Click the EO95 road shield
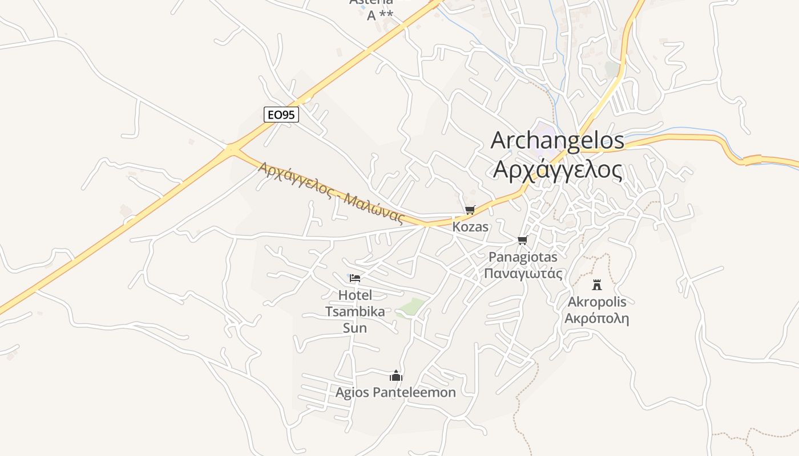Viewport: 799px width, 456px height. (281, 115)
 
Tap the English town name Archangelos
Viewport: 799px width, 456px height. (557, 141)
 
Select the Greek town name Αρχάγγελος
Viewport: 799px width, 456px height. (557, 169)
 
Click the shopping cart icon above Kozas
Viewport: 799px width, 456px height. (470, 210)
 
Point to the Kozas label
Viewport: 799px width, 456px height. (470, 227)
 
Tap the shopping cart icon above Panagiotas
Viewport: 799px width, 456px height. (522, 241)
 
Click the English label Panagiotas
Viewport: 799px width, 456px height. (523, 257)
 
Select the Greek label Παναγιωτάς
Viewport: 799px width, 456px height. (523, 274)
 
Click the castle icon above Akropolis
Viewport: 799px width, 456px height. (597, 284)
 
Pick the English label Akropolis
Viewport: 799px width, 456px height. (597, 302)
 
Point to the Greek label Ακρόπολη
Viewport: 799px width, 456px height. (597, 318)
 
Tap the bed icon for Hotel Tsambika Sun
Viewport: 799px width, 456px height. (355, 278)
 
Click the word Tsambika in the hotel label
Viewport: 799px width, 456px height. (354, 311)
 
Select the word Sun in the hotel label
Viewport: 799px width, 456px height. (354, 328)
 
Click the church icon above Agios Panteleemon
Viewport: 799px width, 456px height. (396, 376)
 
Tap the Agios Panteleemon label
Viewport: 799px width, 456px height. (396, 393)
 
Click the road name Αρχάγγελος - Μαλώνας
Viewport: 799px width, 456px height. (331, 193)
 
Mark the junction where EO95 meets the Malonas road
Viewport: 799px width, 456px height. (232, 150)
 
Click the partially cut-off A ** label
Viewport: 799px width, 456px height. (380, 15)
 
